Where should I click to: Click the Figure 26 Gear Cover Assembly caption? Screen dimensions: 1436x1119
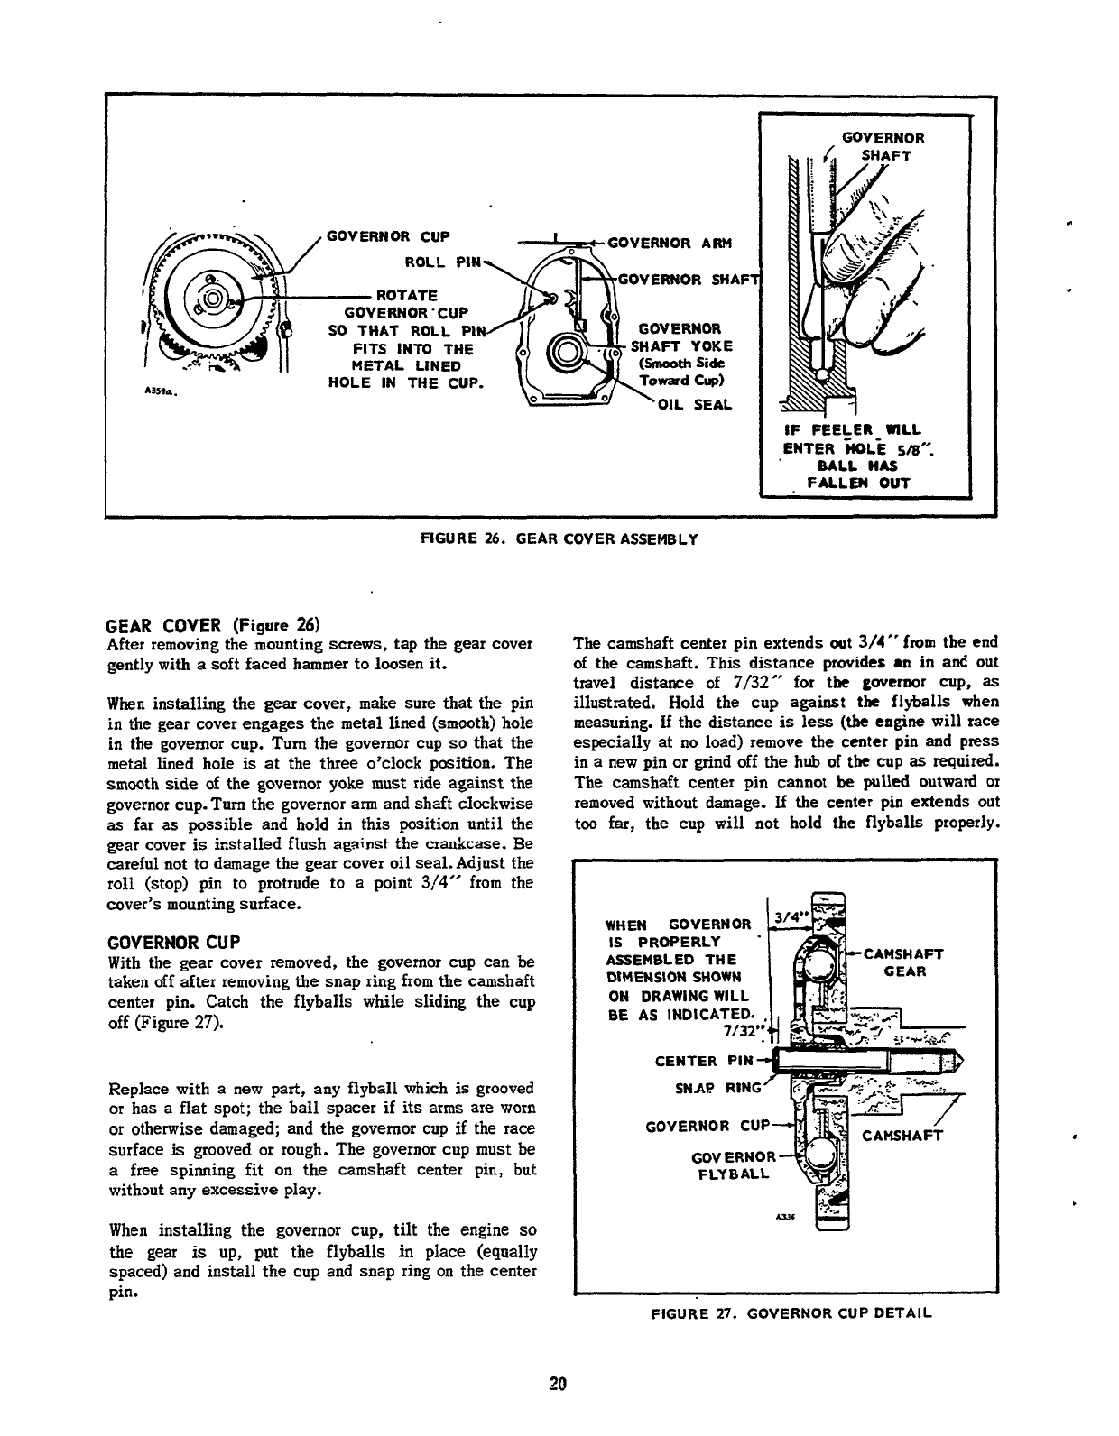[x=559, y=539]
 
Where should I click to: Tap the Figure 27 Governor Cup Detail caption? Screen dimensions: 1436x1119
[x=790, y=1312]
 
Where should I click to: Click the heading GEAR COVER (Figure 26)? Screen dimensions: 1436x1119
[x=214, y=624]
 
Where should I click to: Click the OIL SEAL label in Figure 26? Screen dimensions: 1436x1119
[x=694, y=404]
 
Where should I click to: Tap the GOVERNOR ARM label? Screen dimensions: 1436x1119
[x=670, y=243]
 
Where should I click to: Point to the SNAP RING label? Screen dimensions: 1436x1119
[x=719, y=1088]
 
